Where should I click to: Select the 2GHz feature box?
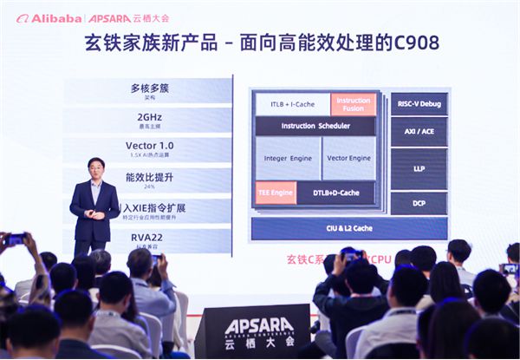coord(149,120)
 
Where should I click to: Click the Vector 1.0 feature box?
coord(149,149)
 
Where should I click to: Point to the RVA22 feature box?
coord(149,238)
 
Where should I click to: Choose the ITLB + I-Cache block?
coord(292,104)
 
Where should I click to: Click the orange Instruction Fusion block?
coord(354,104)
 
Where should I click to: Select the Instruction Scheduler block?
coord(315,126)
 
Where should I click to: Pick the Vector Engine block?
coord(349,159)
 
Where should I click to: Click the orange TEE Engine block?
coord(275,193)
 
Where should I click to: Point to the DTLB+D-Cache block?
coord(335,193)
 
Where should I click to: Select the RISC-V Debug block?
coord(419,103)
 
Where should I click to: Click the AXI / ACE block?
coord(419,131)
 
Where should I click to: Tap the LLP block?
coord(419,168)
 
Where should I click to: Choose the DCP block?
coord(419,203)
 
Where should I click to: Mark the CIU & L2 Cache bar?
coord(348,228)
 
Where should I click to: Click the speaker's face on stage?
coord(96,169)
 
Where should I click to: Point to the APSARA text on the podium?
coord(252,326)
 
